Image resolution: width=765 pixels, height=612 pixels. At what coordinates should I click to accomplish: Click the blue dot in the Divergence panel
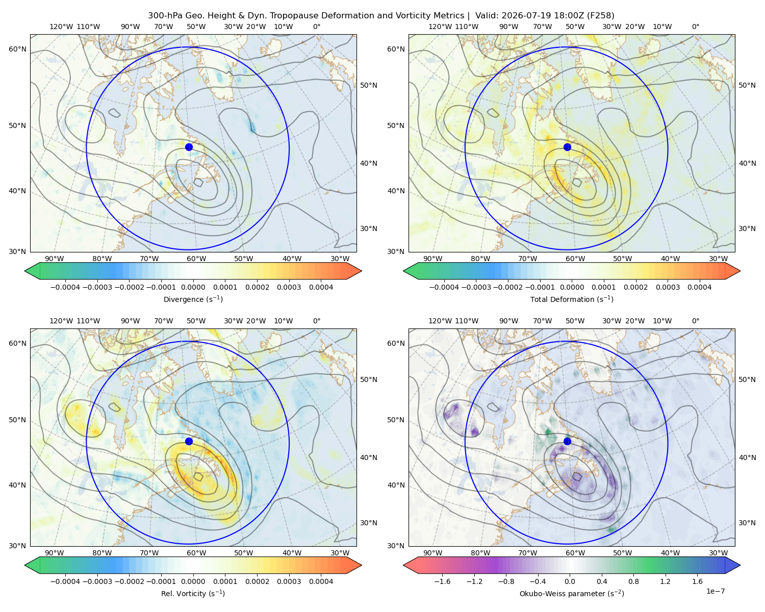[x=189, y=147]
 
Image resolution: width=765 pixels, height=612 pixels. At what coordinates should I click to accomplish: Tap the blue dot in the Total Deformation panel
[x=567, y=147]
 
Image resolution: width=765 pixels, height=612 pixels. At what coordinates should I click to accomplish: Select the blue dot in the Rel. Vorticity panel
[x=189, y=441]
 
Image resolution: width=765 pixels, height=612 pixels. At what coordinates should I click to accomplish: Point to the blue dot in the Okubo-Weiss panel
[x=567, y=441]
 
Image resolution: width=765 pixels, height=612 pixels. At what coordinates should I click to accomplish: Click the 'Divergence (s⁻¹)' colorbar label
[x=193, y=299]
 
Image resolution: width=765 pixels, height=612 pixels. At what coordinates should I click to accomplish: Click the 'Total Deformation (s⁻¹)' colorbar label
[x=572, y=299]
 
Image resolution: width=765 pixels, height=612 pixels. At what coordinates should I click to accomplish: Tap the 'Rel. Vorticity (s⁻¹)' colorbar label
[x=193, y=593]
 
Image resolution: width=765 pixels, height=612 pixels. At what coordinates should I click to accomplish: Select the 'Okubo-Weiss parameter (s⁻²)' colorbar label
[x=572, y=593]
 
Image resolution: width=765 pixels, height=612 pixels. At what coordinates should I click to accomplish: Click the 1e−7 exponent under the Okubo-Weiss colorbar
[x=715, y=591]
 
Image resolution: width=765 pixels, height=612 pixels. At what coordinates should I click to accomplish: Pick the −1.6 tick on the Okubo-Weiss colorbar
[x=442, y=581]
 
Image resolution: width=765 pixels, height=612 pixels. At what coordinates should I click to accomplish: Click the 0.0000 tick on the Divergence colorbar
[x=193, y=287]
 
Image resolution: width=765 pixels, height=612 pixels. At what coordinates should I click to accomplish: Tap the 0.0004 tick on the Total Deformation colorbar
[x=699, y=287]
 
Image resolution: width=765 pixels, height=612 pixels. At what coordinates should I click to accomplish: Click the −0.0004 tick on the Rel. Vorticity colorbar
[x=65, y=581]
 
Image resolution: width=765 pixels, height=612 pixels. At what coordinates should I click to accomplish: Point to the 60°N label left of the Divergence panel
[x=17, y=49]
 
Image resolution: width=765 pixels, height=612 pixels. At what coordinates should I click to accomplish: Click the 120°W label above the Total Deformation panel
[x=440, y=27]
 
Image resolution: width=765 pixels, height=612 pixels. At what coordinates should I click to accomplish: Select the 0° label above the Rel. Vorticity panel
[x=316, y=321]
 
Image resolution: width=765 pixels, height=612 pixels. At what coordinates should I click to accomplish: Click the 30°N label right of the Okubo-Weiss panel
[x=747, y=522]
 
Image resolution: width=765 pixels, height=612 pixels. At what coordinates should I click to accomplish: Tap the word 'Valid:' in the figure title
[x=487, y=16]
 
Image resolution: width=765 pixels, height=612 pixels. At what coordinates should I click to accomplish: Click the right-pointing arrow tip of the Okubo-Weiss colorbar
[x=740, y=565]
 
